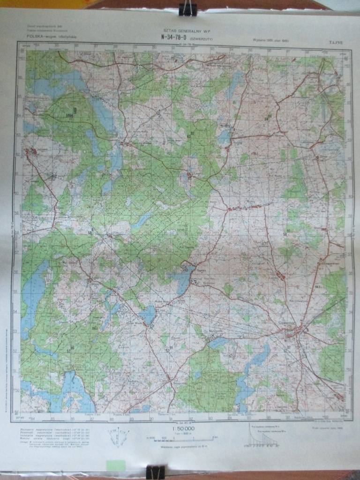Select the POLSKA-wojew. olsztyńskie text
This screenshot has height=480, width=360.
(x=52, y=36)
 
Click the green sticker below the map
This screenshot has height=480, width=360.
(x=116, y=465)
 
